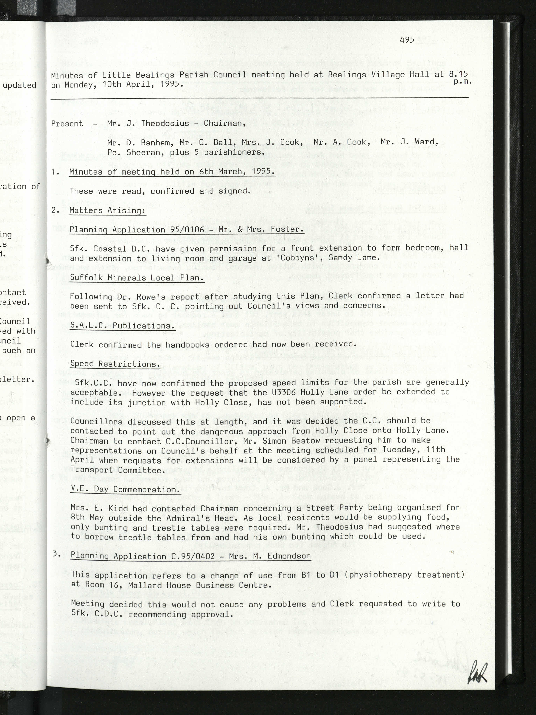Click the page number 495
407,40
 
